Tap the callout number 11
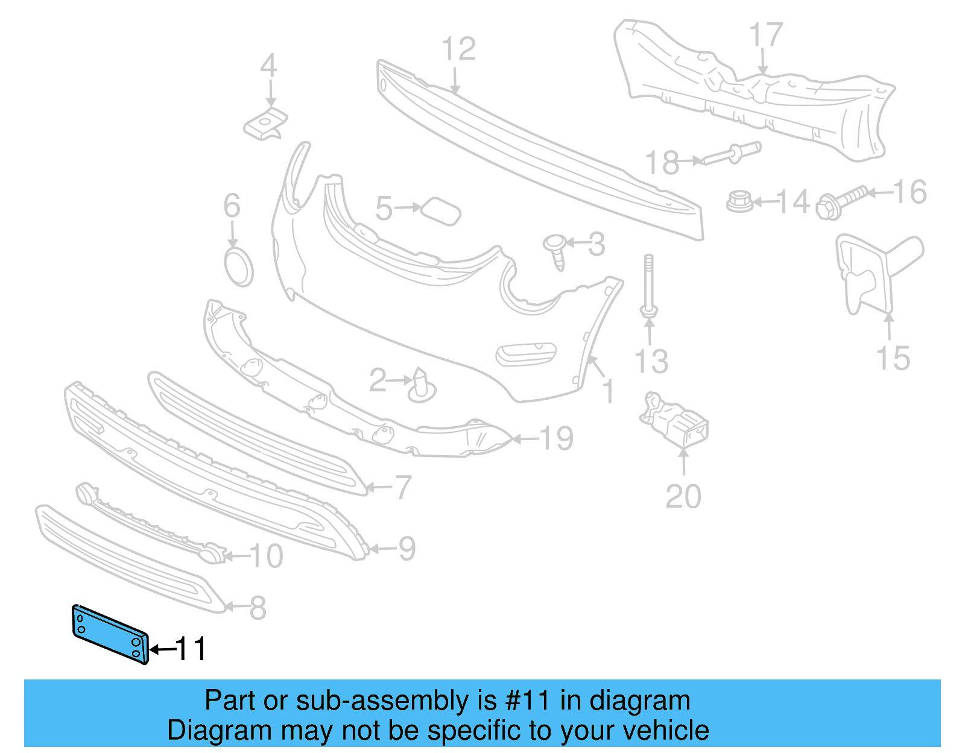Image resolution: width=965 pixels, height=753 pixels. [x=191, y=649]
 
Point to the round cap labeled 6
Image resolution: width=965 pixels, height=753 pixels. [x=238, y=266]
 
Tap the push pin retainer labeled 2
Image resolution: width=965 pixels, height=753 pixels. [x=421, y=386]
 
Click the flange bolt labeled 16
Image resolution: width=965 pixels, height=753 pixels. [x=842, y=202]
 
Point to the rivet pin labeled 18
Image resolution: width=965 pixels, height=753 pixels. [x=731, y=153]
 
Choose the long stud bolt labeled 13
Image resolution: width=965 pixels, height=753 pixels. [x=648, y=286]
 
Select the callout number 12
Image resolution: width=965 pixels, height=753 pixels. [x=458, y=49]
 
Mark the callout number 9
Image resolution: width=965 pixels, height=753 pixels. [x=407, y=549]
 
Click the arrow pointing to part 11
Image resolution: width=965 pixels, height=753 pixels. [x=161, y=649]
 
